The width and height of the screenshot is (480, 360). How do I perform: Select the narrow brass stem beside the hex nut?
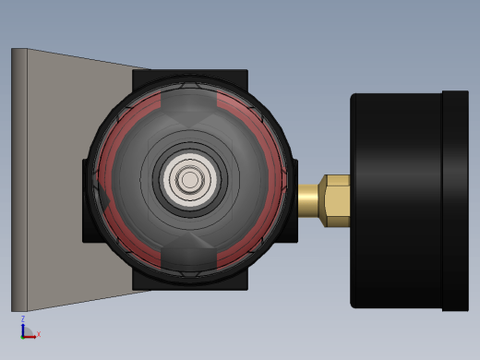[308, 201]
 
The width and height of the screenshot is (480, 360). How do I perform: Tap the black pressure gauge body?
[396, 200]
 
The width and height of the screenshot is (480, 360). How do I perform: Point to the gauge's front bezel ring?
[455, 200]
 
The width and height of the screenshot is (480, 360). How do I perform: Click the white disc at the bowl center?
[190, 179]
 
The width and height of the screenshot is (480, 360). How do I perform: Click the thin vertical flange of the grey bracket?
[19, 180]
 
